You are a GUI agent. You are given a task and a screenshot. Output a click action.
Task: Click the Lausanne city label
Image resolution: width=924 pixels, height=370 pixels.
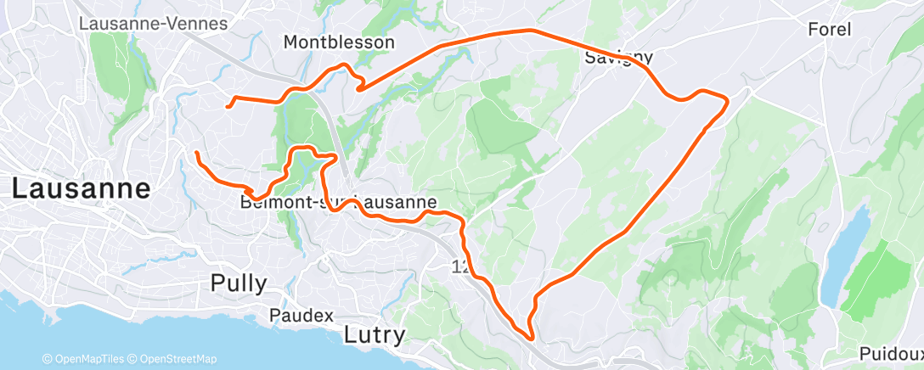(x=82, y=188)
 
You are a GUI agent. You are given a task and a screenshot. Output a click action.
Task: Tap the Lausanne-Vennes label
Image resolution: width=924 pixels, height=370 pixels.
(x=153, y=24)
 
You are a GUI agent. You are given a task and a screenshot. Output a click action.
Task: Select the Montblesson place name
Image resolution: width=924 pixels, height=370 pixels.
(x=339, y=42)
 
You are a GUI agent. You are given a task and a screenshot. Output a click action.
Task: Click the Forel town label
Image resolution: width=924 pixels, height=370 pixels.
(x=830, y=30)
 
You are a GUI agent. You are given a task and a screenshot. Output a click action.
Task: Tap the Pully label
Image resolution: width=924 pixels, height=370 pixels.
(x=239, y=283)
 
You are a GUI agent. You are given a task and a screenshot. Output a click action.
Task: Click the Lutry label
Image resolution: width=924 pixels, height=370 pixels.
(x=375, y=334)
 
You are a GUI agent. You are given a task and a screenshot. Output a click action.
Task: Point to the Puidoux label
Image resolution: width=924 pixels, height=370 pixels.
(x=890, y=353)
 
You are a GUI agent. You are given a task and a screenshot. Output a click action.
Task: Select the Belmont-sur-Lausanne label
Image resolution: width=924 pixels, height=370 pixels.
(x=338, y=203)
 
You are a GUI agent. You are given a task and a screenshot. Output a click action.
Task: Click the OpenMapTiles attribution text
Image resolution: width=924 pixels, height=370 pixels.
(x=85, y=359)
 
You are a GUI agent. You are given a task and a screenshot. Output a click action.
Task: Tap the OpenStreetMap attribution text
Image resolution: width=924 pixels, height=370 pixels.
(x=174, y=359)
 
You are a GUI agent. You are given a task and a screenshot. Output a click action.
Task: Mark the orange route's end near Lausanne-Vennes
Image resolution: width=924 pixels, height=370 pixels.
(x=227, y=106)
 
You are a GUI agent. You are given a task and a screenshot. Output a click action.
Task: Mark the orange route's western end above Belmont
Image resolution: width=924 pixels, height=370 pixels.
(x=197, y=153)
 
